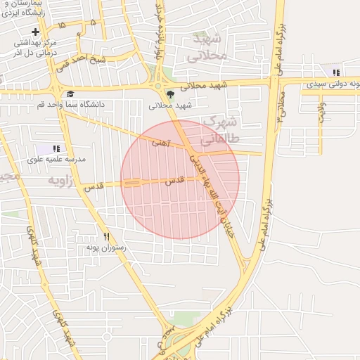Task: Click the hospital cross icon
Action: [36, 32]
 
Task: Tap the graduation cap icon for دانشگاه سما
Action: [70, 94]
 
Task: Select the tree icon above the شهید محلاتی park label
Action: [169, 94]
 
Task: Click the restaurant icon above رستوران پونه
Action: [107, 237]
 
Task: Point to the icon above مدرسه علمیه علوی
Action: [56, 148]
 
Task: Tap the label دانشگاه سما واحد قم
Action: [71, 105]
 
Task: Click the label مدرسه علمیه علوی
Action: [56, 160]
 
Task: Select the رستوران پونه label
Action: [105, 247]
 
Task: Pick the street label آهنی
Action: [160, 143]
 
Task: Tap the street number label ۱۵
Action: [62, 25]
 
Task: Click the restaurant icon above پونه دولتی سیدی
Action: [336, 72]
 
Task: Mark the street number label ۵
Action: [93, 22]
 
